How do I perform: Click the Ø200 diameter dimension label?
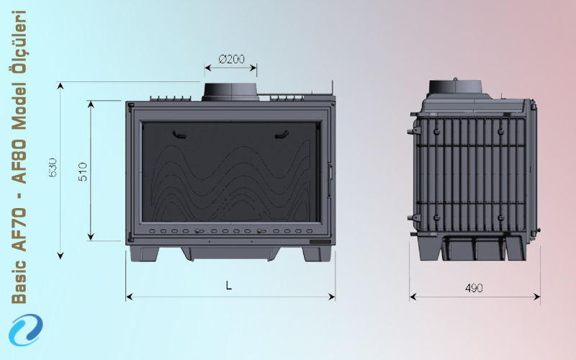coord(231,59)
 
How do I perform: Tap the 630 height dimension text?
coord(53,168)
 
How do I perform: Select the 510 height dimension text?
coord(83,171)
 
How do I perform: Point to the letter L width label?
coord(229,285)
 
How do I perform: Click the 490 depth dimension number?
coord(474,288)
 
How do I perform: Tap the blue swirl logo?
coord(26,330)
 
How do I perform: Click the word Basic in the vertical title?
coord(19,282)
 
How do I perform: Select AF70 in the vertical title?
coord(19,230)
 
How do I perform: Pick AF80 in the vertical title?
coord(19,161)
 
